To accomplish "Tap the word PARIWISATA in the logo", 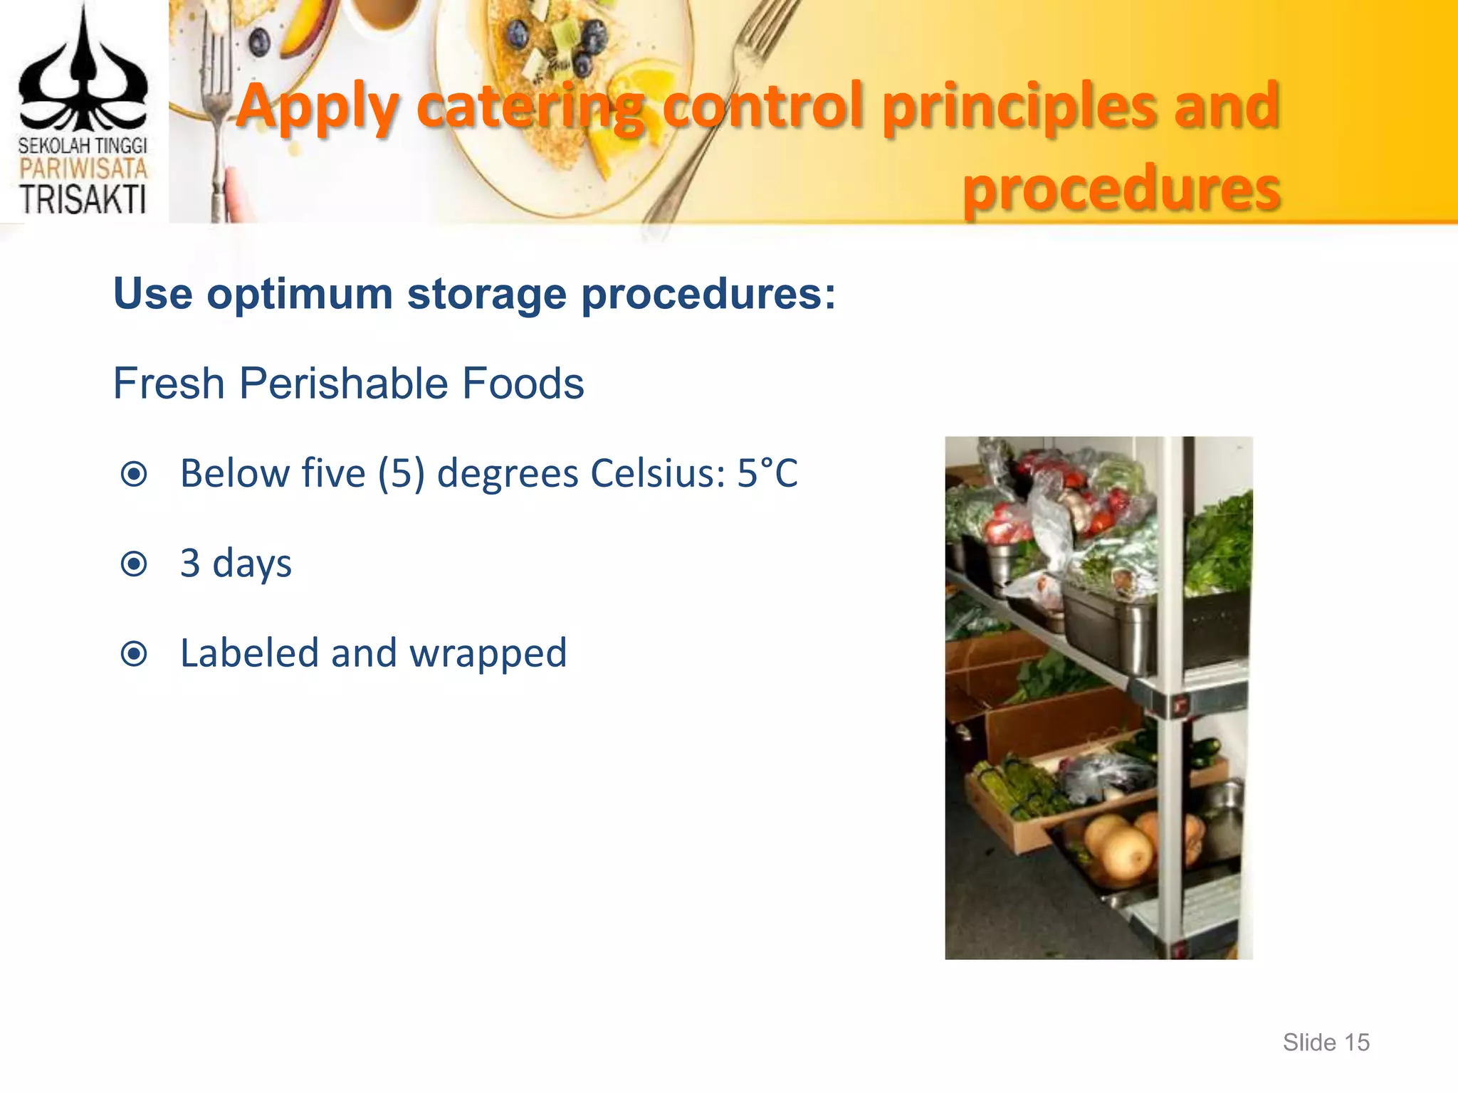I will [83, 169].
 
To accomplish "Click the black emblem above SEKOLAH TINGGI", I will [83, 78].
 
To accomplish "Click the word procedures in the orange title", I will [1121, 189].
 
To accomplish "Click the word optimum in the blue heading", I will [300, 293].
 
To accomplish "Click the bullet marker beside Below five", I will [134, 474].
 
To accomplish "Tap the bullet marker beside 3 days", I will [134, 564].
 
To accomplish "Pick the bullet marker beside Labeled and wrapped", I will [134, 654].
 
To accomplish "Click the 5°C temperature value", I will [767, 473].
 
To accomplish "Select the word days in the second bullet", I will [252, 564].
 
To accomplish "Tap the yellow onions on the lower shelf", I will [1121, 847].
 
